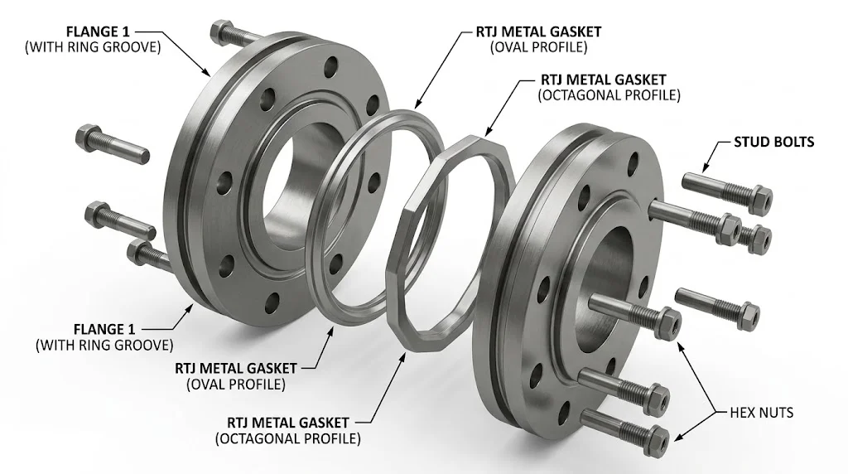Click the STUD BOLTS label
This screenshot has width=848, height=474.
[x=773, y=142]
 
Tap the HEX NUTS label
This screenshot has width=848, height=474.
[x=755, y=412]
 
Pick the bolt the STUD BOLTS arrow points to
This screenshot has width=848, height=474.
[x=727, y=188]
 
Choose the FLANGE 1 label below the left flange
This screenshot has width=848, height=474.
[x=104, y=336]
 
